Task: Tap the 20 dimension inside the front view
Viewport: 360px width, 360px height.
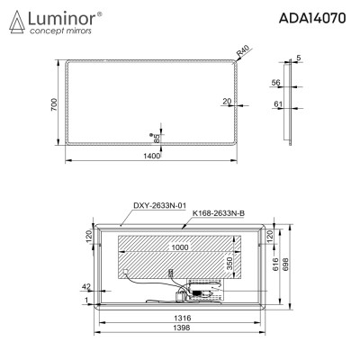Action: click(227, 102)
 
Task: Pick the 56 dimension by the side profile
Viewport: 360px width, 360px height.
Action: click(275, 82)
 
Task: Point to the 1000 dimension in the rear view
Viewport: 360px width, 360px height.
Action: click(181, 246)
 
